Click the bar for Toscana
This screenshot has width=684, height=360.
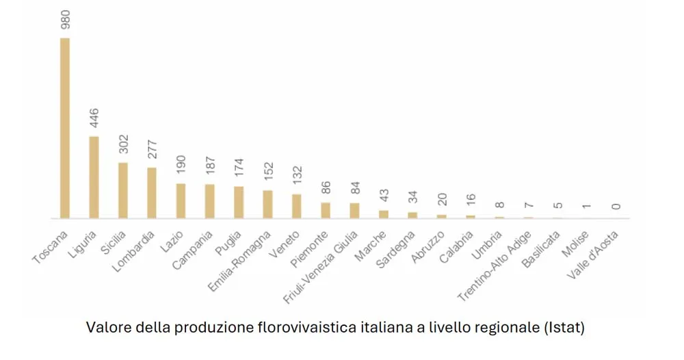click(x=65, y=128)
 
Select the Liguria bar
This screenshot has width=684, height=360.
click(x=94, y=177)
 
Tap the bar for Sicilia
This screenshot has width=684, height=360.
click(x=123, y=190)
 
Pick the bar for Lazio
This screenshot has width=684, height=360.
click(x=181, y=201)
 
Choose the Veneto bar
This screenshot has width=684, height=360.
click(x=296, y=206)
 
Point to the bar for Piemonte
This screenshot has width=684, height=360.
click(x=326, y=210)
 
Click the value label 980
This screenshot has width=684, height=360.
click(x=65, y=18)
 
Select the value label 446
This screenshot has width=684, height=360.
click(x=94, y=118)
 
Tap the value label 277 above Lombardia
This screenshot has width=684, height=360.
click(x=152, y=150)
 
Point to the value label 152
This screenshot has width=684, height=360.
click(x=267, y=173)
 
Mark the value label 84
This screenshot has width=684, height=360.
click(x=354, y=189)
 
